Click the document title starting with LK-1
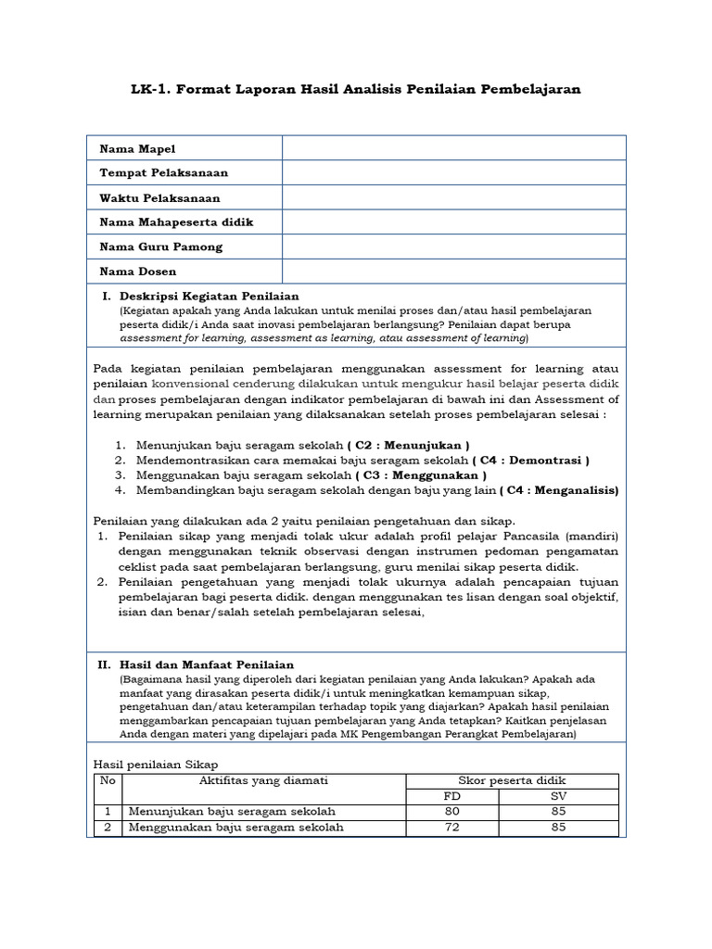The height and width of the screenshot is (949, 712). click(x=355, y=89)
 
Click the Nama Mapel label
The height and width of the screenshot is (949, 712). click(x=137, y=148)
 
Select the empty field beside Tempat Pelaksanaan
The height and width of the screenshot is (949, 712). click(x=453, y=173)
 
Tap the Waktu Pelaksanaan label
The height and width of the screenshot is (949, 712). click(x=159, y=198)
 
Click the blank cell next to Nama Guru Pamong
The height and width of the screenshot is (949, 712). click(x=453, y=247)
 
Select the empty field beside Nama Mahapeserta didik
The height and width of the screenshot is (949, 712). click(x=453, y=222)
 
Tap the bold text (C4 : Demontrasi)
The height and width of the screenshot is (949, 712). click(x=530, y=460)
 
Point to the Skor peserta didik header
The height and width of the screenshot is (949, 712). click(x=512, y=781)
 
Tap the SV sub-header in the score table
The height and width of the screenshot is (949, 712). click(x=558, y=796)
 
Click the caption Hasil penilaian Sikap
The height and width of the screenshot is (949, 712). click(x=156, y=764)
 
